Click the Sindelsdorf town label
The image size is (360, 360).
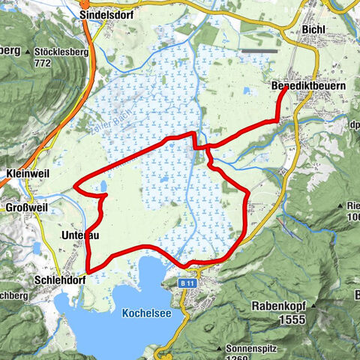pos(107,13)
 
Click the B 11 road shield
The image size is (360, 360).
pos(189,283)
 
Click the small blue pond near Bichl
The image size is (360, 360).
pos(248,91)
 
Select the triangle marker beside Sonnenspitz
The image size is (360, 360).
pos(217,348)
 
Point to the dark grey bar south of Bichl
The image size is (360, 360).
pos(258,51)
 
